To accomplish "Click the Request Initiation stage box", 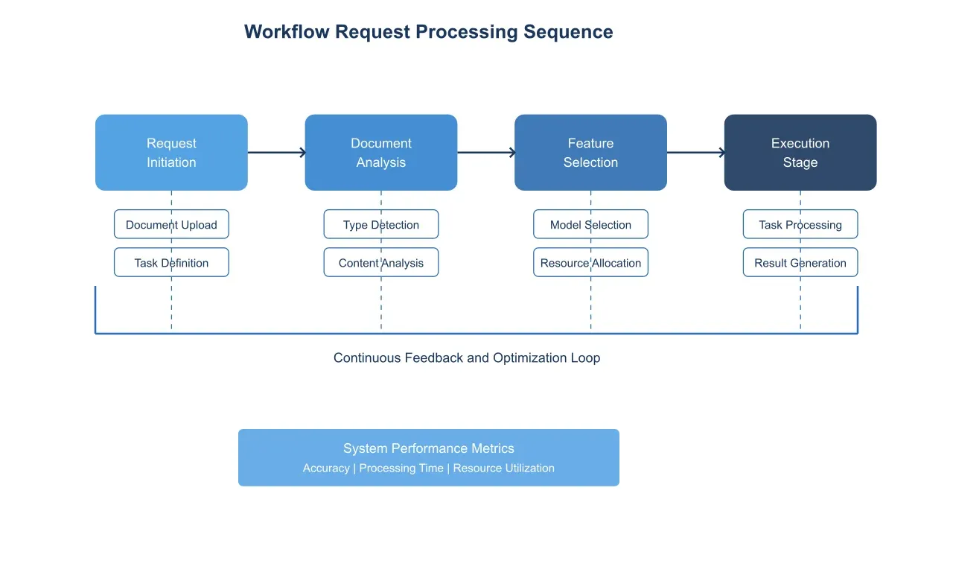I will point(171,153).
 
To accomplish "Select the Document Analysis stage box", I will point(380,153).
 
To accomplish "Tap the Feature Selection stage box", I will point(590,153).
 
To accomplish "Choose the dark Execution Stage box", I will point(800,153).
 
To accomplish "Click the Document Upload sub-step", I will point(171,224).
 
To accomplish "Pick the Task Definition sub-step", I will point(171,262).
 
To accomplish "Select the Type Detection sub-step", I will point(380,224).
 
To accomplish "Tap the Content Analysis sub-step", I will point(380,262).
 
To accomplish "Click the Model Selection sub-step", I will point(590,224).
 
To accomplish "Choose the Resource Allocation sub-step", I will point(590,262).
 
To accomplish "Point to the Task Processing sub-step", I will point(800,224).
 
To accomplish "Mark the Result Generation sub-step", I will point(800,262).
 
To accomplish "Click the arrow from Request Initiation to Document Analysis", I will point(276,153).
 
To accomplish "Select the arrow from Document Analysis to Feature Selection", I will point(486,153).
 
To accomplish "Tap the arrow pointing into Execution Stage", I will point(695,153).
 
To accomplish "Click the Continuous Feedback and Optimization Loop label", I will point(466,358).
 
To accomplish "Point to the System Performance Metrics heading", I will point(428,448).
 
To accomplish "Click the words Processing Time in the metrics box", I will point(401,468).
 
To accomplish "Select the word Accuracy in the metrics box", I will point(326,468).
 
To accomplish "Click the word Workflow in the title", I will point(287,32).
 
